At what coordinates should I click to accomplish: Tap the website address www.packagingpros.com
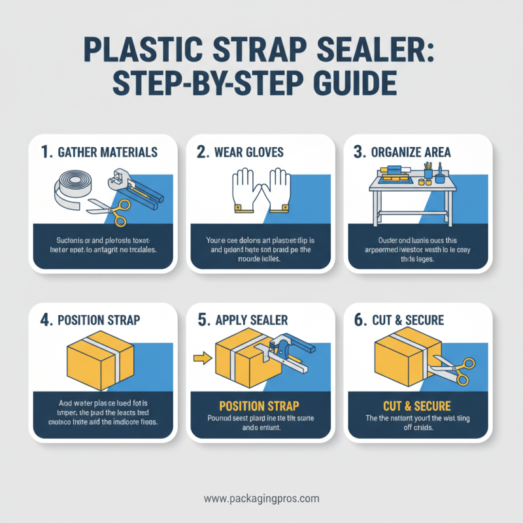point(261,498)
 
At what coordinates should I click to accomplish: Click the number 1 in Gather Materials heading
point(45,152)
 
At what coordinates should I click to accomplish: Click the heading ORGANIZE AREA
point(411,152)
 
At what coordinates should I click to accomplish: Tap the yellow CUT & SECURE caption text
point(417,406)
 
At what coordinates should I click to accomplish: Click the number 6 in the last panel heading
point(359,320)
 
